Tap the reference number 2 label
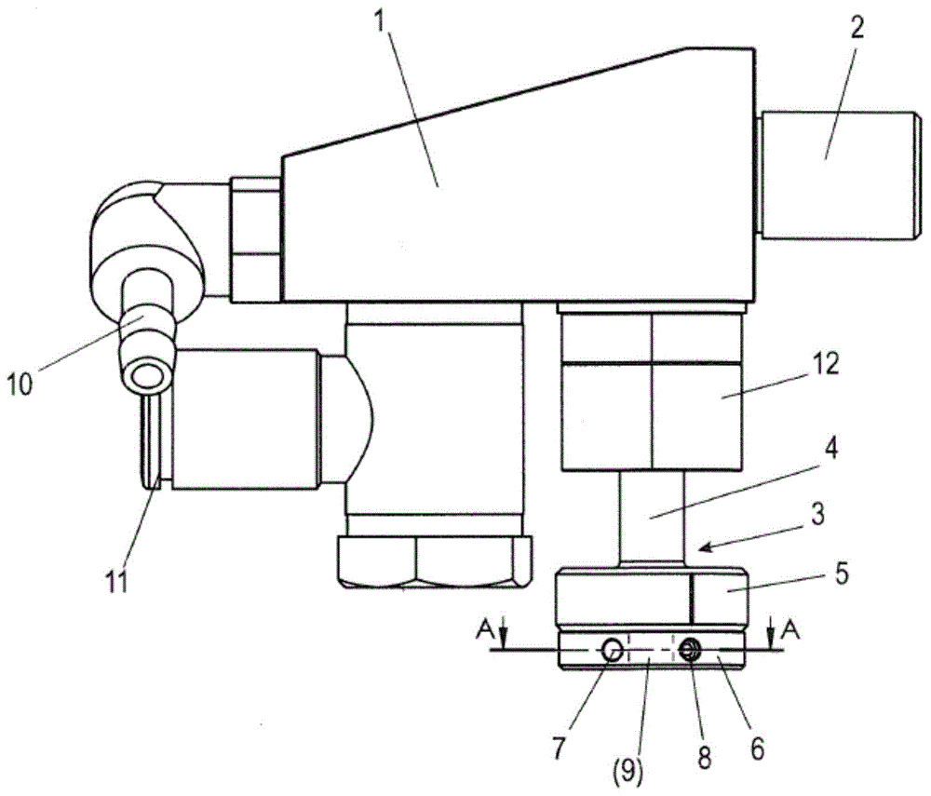[857, 28]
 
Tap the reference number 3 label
[817, 515]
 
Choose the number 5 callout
[842, 574]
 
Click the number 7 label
[559, 749]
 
